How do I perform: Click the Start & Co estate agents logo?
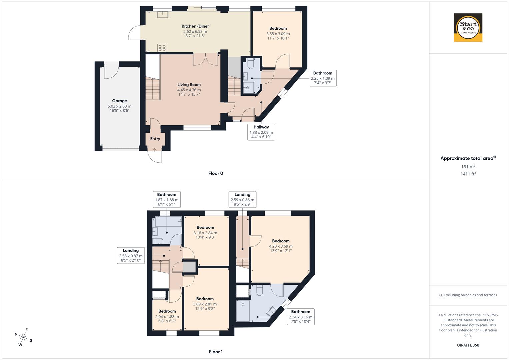pyautogui.click(x=468, y=28)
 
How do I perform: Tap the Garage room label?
pyautogui.click(x=119, y=101)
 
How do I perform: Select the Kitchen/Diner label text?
pyautogui.click(x=195, y=26)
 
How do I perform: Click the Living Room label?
pyautogui.click(x=189, y=85)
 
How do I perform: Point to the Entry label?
pyautogui.click(x=155, y=139)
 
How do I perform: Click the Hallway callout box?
pyautogui.click(x=261, y=132)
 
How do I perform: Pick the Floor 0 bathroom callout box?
pyautogui.click(x=323, y=78)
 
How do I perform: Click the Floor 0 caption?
pyautogui.click(x=216, y=173)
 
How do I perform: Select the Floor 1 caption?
pyautogui.click(x=216, y=352)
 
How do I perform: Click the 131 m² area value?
pyautogui.click(x=468, y=167)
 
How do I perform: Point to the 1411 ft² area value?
pyautogui.click(x=468, y=174)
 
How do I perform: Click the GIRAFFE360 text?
pyautogui.click(x=468, y=345)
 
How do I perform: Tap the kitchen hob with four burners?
pyautogui.click(x=162, y=47)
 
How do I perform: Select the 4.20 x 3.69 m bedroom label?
pyautogui.click(x=281, y=246)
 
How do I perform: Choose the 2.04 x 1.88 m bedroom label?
pyautogui.click(x=167, y=316)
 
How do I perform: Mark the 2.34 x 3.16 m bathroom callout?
pyautogui.click(x=301, y=317)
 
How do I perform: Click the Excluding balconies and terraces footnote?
pyautogui.click(x=468, y=295)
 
